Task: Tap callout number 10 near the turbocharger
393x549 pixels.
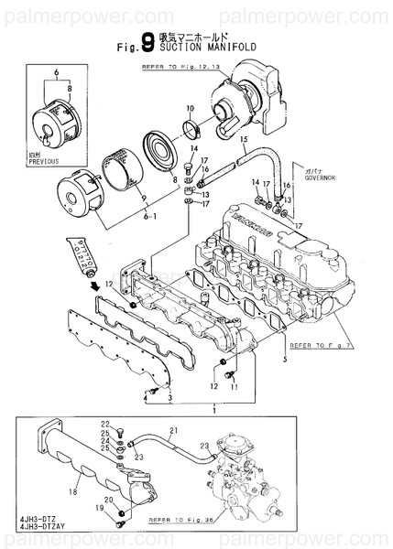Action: [x=189, y=109]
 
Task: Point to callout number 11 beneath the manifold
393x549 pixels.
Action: [x=233, y=386]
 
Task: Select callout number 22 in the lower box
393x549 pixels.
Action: [x=105, y=423]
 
